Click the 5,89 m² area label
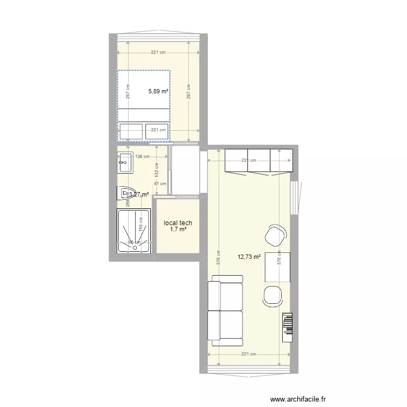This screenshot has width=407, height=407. pos(158,92)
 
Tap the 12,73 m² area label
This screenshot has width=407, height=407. pos(249,257)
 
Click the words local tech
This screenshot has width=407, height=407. pos(178,222)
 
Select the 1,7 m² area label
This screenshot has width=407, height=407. pos(178,230)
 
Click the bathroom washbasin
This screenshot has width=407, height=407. pos(125,162)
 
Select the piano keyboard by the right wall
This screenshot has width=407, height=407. pos(287,326)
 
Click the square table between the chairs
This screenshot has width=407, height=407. pos(277,267)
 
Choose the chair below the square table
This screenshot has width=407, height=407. pos(273,295)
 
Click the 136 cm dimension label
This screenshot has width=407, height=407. pos(142,157)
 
